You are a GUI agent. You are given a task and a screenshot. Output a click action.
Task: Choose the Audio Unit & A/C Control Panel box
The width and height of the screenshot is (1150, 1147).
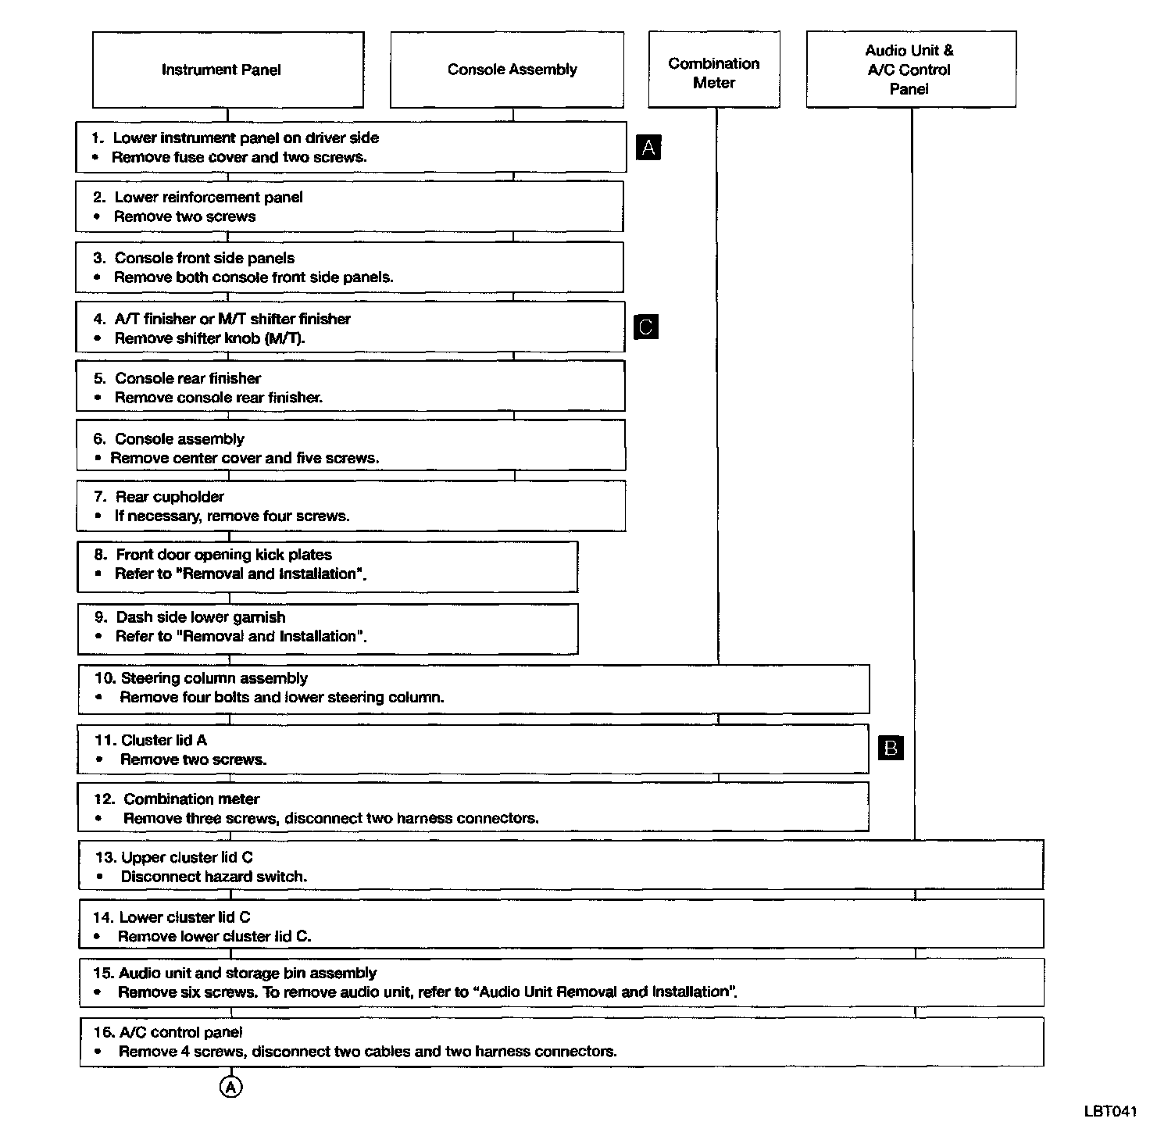point(911,70)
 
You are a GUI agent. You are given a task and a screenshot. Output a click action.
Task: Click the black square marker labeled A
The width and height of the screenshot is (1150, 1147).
point(648,147)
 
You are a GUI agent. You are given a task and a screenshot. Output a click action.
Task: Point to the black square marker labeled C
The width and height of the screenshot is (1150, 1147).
point(646,327)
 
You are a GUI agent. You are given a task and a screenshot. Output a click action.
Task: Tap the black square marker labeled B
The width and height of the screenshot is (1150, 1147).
point(891,749)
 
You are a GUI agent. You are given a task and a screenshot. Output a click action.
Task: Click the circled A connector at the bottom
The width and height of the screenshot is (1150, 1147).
point(231,1087)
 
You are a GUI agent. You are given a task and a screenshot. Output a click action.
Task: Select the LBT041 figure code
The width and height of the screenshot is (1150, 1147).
point(1110,1111)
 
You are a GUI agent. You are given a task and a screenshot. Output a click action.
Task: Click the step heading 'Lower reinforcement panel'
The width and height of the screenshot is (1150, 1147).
point(208,198)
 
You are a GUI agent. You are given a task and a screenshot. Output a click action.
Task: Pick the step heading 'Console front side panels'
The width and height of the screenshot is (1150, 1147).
point(204,258)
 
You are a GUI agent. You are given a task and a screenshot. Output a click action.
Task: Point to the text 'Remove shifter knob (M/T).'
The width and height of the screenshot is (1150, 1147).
point(209,338)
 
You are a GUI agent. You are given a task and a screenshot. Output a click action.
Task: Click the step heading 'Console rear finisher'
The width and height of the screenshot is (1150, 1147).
point(187,378)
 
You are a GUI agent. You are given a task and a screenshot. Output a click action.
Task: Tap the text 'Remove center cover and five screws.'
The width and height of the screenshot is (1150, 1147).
point(245,458)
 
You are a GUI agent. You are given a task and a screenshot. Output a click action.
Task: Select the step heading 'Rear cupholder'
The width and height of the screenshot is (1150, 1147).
point(170,497)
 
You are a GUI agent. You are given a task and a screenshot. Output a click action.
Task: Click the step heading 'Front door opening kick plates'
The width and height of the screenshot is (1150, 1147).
point(223,555)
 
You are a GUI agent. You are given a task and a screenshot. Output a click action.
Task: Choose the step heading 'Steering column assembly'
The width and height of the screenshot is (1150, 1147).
point(213,678)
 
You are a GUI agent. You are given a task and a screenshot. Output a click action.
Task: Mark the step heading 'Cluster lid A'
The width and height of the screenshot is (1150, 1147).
point(163,740)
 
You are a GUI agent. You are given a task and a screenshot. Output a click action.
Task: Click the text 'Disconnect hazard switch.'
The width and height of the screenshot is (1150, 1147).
point(213,877)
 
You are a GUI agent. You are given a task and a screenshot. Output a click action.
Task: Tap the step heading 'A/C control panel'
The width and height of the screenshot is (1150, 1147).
point(180,1032)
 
